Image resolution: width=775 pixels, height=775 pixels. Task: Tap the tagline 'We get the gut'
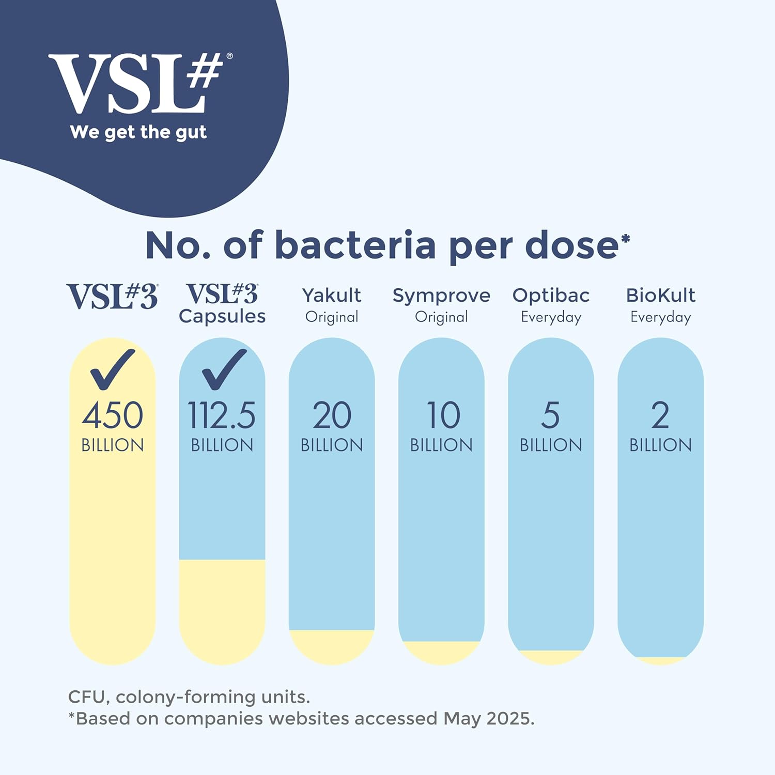point(138,132)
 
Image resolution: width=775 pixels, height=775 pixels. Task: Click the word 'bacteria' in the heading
point(355,245)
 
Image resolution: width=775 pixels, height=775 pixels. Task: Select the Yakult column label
point(332,296)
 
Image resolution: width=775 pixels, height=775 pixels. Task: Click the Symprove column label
point(441,296)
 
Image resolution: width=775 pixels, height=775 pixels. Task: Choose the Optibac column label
point(551,296)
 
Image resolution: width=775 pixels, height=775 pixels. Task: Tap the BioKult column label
point(660,296)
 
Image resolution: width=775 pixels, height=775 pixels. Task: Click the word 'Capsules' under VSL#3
point(222,316)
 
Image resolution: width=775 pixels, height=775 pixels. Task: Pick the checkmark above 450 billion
point(112,369)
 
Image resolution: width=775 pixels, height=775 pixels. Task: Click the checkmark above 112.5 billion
point(224,369)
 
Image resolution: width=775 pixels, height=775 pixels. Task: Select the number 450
point(113,415)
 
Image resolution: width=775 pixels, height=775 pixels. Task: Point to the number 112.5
point(222,415)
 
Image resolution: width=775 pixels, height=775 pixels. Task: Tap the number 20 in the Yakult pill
point(332,415)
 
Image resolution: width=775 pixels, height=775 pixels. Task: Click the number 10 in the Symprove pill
point(443,415)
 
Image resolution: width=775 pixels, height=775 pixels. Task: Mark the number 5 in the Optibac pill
point(551,415)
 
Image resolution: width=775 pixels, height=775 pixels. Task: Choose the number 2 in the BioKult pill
point(660,415)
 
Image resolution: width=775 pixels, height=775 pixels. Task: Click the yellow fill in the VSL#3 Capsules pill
point(222,610)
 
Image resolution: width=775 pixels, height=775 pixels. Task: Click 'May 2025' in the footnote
point(488,719)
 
